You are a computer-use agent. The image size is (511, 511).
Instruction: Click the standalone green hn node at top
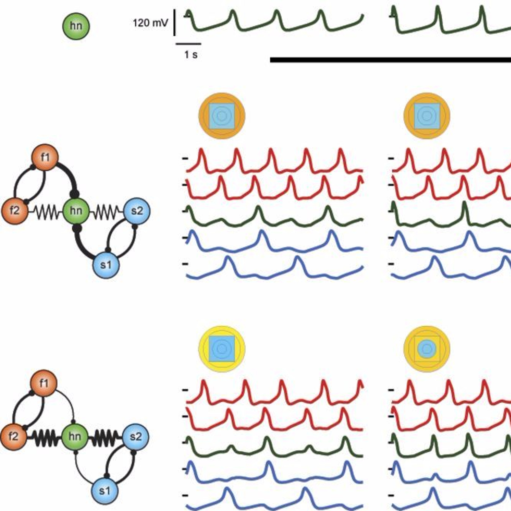point(76,26)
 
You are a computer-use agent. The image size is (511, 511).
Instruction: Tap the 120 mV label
point(150,23)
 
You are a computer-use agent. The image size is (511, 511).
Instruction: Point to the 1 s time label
point(191,55)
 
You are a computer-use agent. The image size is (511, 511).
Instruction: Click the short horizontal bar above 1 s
point(189,44)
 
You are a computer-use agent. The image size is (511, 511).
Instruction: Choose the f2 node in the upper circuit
point(15,211)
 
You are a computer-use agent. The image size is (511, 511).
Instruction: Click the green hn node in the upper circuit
point(76,211)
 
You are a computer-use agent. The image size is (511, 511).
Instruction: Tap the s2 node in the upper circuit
point(137,211)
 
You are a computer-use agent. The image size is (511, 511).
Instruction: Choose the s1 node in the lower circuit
point(105,491)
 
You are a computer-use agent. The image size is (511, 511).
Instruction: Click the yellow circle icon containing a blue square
point(222,349)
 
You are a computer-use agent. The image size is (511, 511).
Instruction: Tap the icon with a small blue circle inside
point(427,349)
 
